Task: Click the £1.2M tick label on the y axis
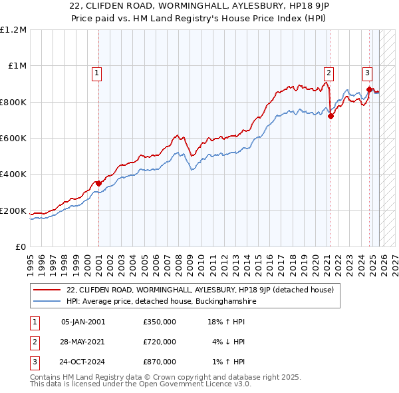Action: click(x=13, y=30)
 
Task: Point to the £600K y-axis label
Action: click(x=13, y=139)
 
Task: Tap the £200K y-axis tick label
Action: click(x=13, y=211)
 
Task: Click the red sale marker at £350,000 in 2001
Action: click(x=98, y=183)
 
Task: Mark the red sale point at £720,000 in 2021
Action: click(x=331, y=117)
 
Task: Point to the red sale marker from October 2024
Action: click(x=369, y=89)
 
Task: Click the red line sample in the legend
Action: click(x=47, y=290)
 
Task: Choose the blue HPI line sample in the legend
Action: click(x=47, y=301)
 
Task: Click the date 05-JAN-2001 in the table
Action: click(x=83, y=322)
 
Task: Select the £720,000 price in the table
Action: click(x=160, y=342)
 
